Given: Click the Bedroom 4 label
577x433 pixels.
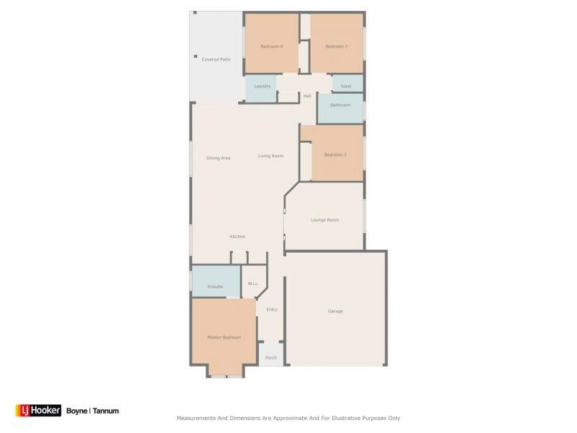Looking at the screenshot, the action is pos(272,46).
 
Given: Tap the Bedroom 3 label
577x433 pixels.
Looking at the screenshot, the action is pos(336,46).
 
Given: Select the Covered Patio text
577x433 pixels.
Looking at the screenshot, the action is pos(216,59).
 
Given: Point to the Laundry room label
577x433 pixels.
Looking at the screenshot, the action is pos(262,86).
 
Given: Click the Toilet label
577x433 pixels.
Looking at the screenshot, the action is pos(345,86).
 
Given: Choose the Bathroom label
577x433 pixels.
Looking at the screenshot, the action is pos(340,105).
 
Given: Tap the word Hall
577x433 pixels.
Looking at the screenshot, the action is pos(307,96).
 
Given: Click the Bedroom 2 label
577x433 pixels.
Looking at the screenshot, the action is pos(335,155).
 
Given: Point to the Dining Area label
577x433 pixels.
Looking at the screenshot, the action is pos(219,158).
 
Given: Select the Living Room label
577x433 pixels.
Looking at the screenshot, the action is pos(270,156).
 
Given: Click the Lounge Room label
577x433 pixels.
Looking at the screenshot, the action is pos(325,220).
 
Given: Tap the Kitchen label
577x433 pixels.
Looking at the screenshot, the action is pos(237,237).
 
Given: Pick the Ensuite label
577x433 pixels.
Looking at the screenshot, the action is pos(215,287).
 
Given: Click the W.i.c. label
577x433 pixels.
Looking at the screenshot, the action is pos(253,284).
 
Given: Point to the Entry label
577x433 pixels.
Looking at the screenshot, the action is pos(272,310).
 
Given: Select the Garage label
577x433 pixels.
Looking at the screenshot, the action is pos(335,311).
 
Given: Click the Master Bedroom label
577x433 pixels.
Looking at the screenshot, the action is pos(224,337).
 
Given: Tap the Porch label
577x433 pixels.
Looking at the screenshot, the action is pos(271,358).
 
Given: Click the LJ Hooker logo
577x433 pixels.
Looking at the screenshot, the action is pos(38,410).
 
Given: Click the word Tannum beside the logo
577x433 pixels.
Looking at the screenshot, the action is pos(105,411).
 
